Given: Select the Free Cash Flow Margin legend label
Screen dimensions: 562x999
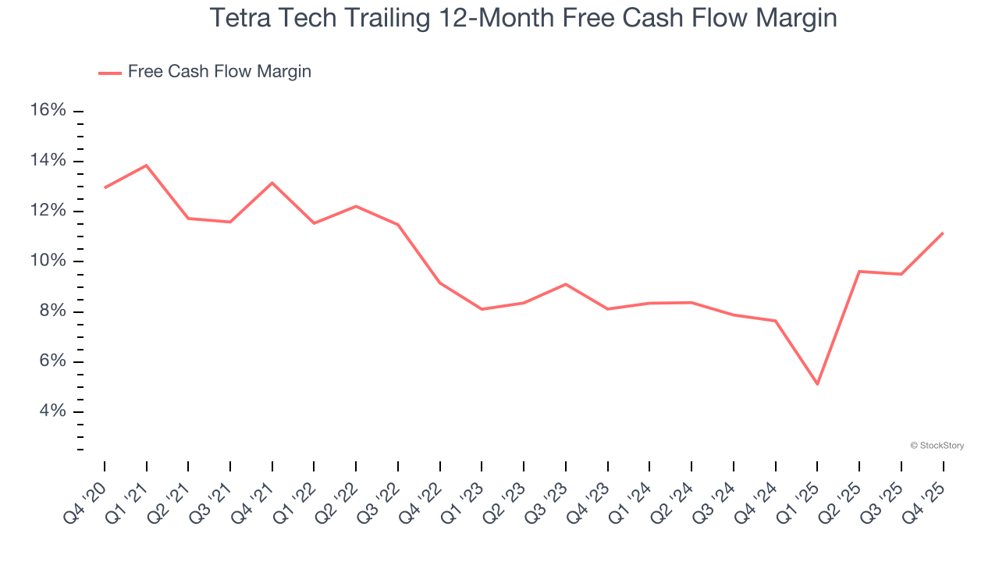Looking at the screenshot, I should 219,72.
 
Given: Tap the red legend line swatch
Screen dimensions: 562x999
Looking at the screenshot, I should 109,73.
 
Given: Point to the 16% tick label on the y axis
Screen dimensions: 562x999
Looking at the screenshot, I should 48,110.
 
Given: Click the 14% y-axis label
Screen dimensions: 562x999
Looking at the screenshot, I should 48,161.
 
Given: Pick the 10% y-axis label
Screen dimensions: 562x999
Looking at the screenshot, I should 48,261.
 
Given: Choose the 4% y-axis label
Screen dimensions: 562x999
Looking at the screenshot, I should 52,411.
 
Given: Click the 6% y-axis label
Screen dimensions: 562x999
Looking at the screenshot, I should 52,361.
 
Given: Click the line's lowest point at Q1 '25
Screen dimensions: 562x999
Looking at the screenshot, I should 817,384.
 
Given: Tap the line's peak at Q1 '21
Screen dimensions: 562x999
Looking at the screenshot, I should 147,165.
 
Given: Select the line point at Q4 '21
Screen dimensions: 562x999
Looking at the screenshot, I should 272,183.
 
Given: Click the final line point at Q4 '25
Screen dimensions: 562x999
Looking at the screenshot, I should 943,233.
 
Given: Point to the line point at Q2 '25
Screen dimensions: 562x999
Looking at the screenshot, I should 859,271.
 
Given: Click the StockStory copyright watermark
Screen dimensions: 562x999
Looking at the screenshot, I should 937,446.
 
